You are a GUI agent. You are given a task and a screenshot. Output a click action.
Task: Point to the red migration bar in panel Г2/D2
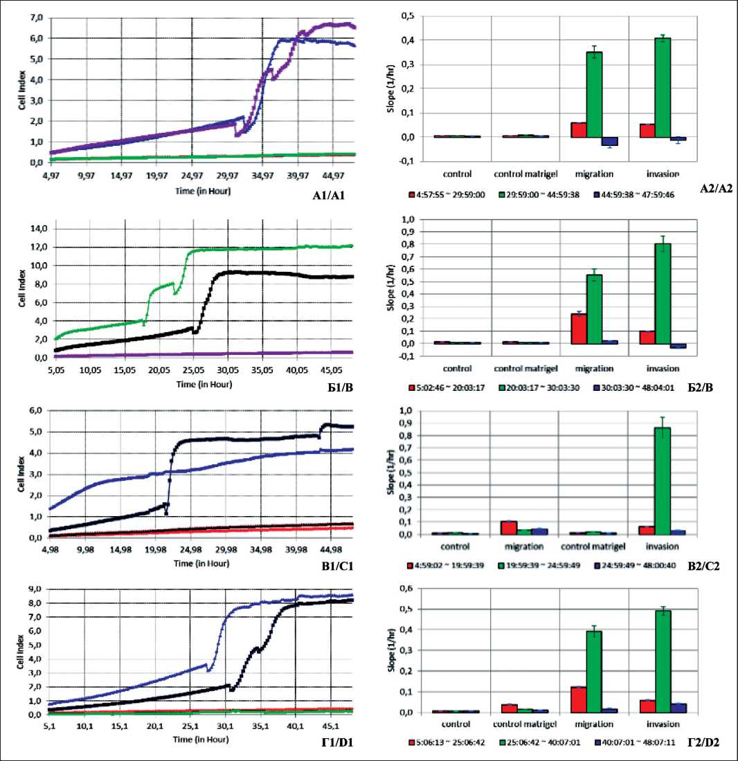pos(579,699)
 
